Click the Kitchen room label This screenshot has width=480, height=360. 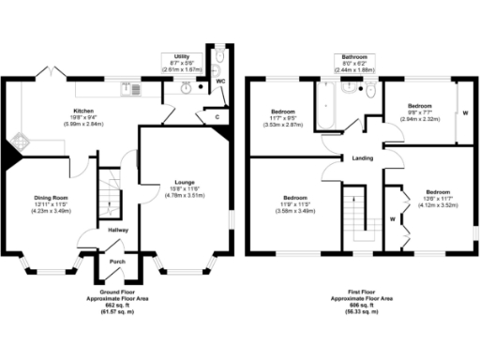[84, 110]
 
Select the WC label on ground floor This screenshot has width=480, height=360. [220, 81]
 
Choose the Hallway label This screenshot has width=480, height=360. [117, 230]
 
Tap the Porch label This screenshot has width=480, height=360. [118, 262]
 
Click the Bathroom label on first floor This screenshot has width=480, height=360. [354, 56]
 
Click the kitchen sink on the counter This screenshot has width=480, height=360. [132, 90]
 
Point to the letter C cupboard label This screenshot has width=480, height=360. [217, 118]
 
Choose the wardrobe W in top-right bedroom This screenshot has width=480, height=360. [466, 114]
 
